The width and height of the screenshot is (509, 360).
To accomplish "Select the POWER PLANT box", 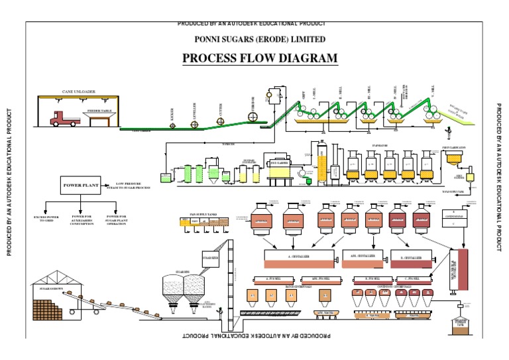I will coord(80,186).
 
